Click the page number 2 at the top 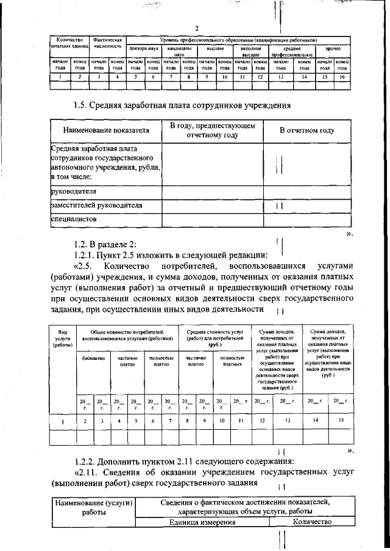point(197,28)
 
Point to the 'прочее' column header point(333,47)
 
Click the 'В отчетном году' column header point(307,130)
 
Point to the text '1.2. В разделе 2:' point(105,244)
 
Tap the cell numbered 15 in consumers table point(339,420)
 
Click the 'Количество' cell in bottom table point(311,522)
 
